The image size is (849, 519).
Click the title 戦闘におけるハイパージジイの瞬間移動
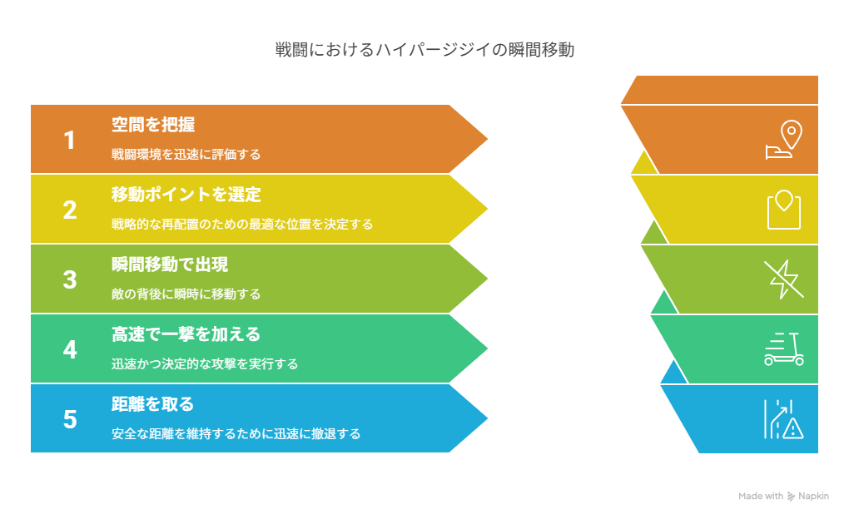(x=424, y=50)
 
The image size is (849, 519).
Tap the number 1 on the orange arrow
(x=69, y=141)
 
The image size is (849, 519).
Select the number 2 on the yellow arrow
(x=70, y=210)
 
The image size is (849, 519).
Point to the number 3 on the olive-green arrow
(x=70, y=279)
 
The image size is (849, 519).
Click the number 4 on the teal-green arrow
(x=70, y=349)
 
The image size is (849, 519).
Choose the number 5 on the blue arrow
(x=70, y=419)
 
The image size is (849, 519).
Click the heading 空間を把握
(x=152, y=125)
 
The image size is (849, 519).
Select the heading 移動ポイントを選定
(x=186, y=195)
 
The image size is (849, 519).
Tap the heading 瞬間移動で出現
(x=170, y=264)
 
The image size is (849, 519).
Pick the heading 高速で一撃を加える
(x=186, y=334)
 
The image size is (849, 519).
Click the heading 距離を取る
(x=152, y=403)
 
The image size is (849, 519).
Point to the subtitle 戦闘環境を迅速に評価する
(x=186, y=154)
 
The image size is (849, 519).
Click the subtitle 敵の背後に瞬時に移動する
(x=186, y=294)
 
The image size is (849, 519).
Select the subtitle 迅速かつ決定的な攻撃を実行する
(x=205, y=363)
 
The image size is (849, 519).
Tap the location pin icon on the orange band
(x=791, y=134)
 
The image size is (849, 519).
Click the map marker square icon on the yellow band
(x=784, y=210)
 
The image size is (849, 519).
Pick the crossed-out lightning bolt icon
(x=783, y=279)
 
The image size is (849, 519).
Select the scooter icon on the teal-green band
(x=784, y=349)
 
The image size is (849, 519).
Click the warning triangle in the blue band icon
(x=793, y=428)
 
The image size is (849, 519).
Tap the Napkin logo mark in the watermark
(x=791, y=497)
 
